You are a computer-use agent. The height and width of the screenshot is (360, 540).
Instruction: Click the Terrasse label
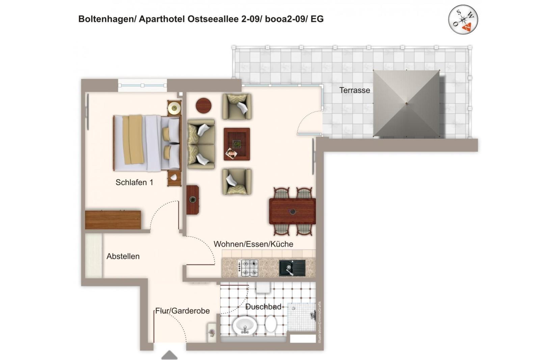point(354,90)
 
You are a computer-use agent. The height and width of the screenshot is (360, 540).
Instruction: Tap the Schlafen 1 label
point(134,182)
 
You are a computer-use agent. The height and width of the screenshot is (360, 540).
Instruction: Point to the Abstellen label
point(123,256)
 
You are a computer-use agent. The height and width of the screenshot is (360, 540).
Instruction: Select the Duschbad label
point(263,307)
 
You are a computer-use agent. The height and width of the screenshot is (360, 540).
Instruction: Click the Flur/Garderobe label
point(182,311)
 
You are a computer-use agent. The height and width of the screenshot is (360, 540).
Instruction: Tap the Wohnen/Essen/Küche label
point(253,244)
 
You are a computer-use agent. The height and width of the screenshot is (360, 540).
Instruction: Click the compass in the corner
point(463,19)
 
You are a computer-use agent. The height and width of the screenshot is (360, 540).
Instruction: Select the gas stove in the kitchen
point(248,268)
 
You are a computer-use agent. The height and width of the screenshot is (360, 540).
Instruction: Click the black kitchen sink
point(292,268)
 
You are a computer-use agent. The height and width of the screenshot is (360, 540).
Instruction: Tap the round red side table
point(204,105)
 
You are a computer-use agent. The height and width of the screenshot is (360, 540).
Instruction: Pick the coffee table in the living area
point(237,144)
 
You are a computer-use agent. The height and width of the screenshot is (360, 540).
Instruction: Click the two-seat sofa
point(201,144)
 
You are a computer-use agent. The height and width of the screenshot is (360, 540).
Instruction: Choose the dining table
point(292,211)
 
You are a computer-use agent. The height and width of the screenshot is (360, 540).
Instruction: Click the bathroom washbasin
point(245,326)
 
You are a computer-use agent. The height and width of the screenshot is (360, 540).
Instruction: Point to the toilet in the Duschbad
point(271,324)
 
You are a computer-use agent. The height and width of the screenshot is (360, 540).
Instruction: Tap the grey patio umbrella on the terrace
point(406,104)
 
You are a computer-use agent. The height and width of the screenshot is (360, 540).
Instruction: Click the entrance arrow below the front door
point(169,355)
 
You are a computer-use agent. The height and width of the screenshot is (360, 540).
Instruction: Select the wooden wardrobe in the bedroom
point(113,220)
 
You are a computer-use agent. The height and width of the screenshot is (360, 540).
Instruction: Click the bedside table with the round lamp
point(174,108)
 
